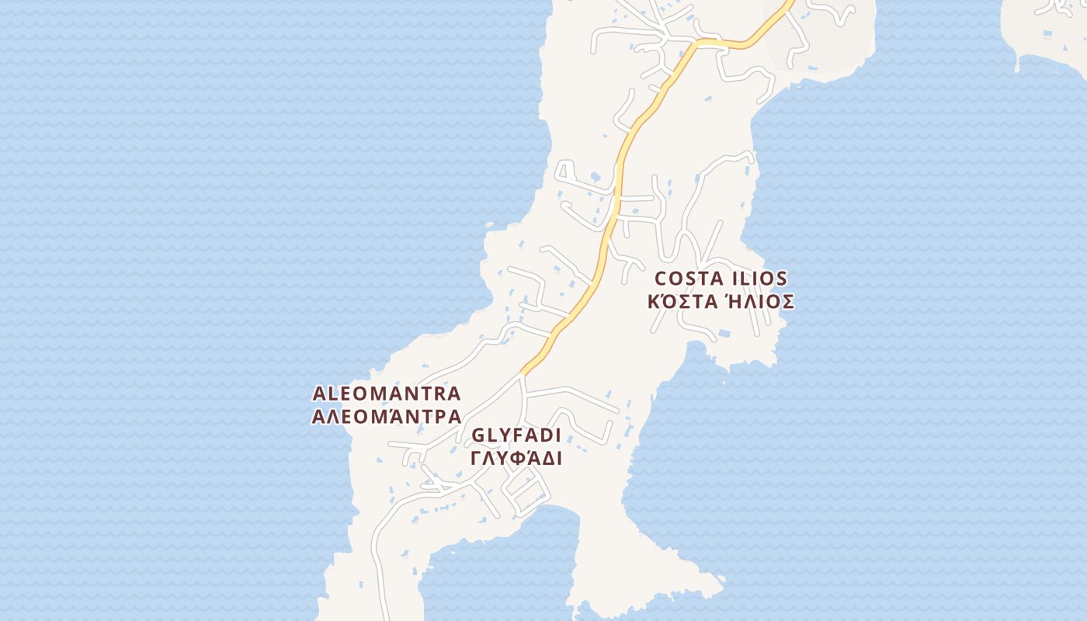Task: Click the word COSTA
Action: tap(689, 279)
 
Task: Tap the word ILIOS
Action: tap(758, 279)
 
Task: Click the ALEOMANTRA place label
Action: tap(386, 394)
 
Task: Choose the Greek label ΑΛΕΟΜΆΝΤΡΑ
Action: tap(386, 417)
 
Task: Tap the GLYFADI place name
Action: tap(516, 435)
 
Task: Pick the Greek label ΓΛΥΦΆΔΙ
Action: tap(516, 458)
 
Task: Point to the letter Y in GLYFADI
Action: tap(502, 435)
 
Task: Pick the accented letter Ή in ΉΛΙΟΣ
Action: tap(731, 301)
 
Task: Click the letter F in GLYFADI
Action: tap(516, 435)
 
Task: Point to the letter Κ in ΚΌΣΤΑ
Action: tap(655, 301)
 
